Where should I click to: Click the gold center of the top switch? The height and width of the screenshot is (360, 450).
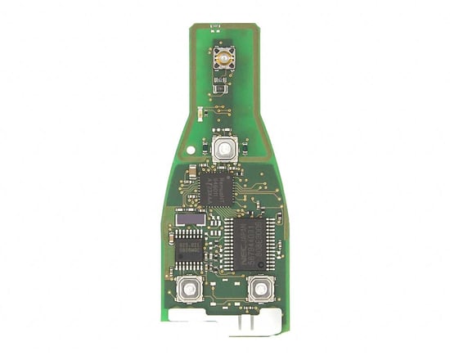click(x=221, y=58)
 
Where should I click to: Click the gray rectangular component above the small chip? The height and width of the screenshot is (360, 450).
click(x=189, y=218)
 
